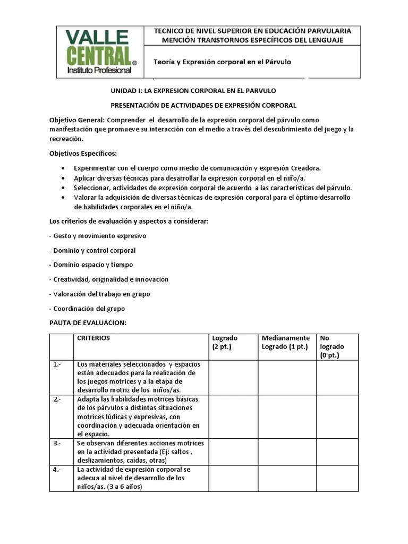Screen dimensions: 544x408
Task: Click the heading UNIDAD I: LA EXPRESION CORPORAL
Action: point(193,91)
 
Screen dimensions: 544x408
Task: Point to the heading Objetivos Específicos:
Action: point(83,154)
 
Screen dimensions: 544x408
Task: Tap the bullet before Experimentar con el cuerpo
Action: point(63,168)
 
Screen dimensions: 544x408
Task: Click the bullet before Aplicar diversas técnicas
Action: point(63,178)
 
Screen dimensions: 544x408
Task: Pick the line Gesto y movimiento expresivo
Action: point(98,236)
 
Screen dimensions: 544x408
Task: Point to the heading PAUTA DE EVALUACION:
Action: point(88,322)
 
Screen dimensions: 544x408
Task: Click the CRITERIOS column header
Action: point(93,338)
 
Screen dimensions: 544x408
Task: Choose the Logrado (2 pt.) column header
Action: point(225,342)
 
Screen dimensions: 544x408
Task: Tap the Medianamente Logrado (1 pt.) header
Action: point(286,342)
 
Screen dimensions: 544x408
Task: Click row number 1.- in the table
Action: point(57,364)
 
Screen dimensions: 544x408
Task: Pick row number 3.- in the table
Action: point(57,443)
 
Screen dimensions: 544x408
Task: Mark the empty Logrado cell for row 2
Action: point(233,416)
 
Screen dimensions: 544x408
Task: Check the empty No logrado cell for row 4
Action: point(337,478)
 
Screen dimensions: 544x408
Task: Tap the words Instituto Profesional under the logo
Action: point(99,70)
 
